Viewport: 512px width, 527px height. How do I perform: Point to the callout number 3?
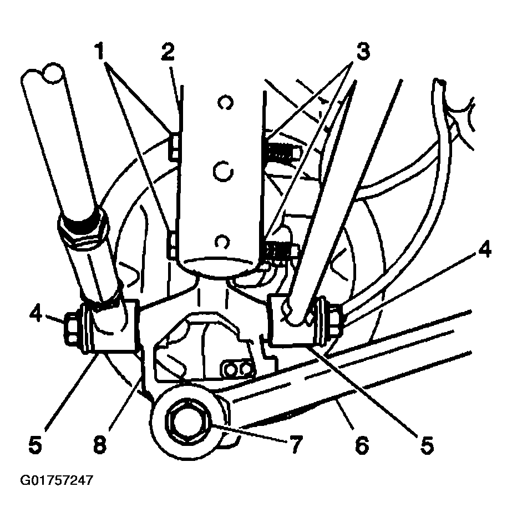tap(363, 52)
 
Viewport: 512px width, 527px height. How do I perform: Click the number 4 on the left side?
tap(36, 315)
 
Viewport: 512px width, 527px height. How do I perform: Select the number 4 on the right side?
tap(484, 249)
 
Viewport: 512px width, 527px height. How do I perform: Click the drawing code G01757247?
tap(56, 480)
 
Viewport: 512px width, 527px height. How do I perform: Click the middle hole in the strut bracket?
tap(223, 172)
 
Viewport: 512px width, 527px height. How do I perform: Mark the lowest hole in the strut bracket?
tap(222, 242)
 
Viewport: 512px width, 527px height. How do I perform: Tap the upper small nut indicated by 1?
tap(175, 145)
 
